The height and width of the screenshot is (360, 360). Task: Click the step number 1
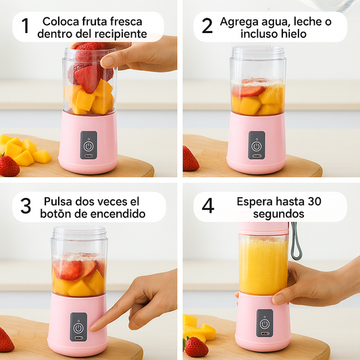25,26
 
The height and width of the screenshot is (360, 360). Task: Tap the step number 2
207,26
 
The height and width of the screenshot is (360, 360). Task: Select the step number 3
26,206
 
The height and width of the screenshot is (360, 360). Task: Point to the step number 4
208,206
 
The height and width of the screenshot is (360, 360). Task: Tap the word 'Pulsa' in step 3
59,201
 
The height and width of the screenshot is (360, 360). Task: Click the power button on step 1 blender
88,145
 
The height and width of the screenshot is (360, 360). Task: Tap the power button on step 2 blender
256,145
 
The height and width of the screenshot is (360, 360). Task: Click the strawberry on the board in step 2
190,159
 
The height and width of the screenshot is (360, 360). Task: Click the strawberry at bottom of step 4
196,347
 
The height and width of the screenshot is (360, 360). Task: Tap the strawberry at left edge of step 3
5,340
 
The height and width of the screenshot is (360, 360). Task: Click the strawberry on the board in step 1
9,165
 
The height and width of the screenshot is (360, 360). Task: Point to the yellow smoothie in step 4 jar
263,265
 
